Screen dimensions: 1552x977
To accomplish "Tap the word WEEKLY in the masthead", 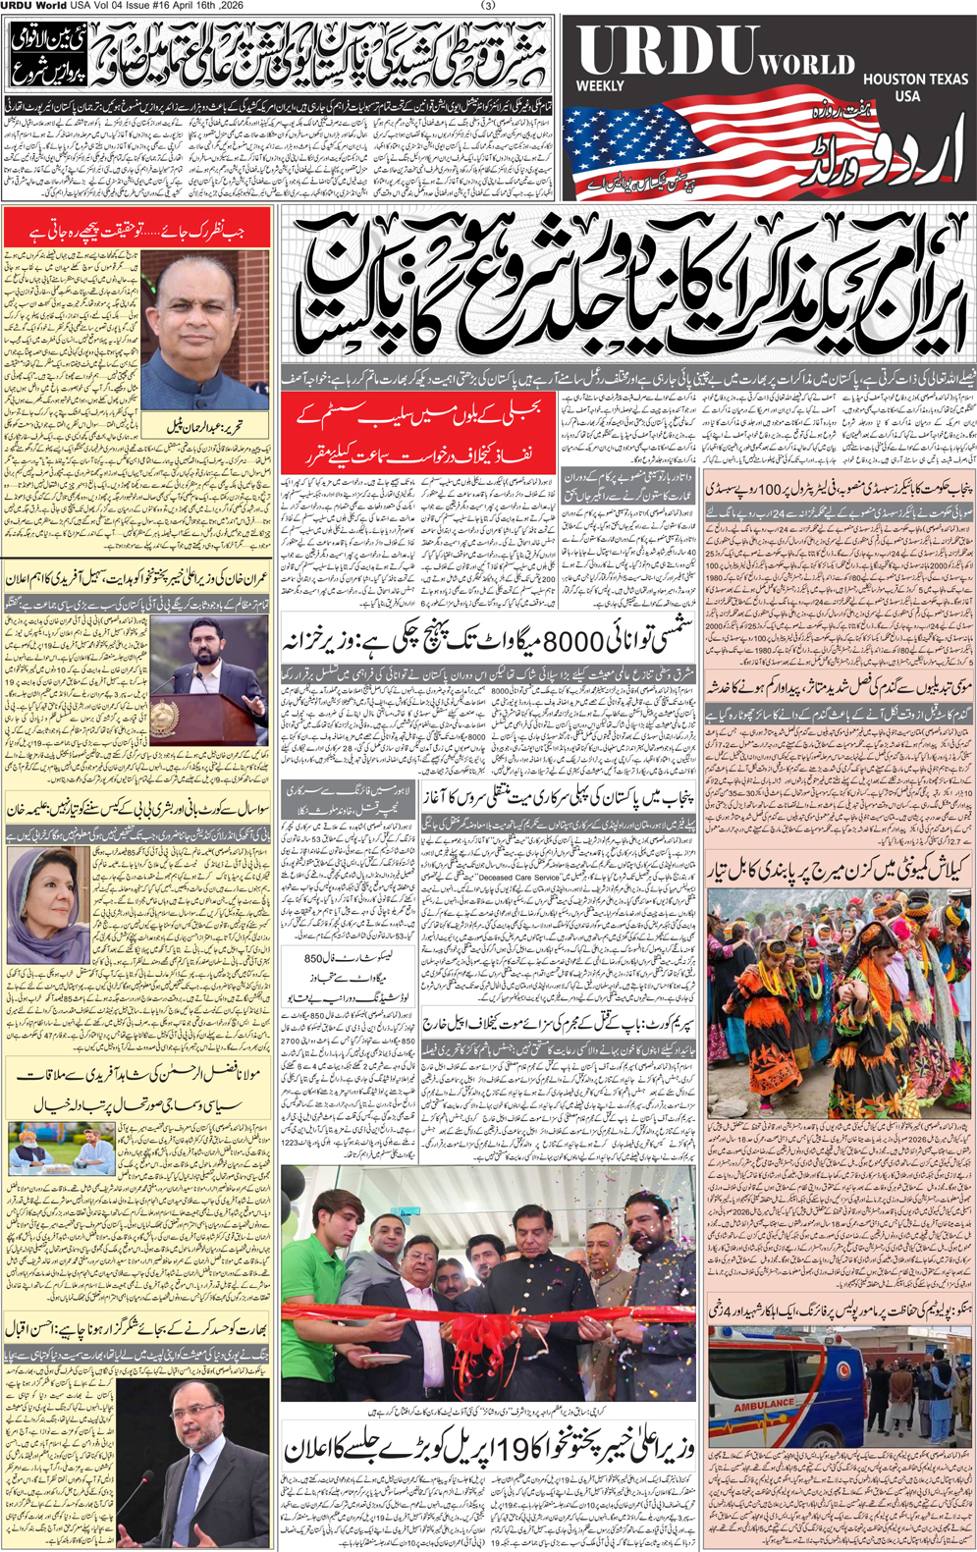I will pyautogui.click(x=600, y=86).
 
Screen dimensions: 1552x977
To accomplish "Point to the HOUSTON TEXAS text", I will pyautogui.click(x=915, y=79).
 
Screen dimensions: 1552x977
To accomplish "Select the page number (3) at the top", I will pyautogui.click(x=489, y=6).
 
